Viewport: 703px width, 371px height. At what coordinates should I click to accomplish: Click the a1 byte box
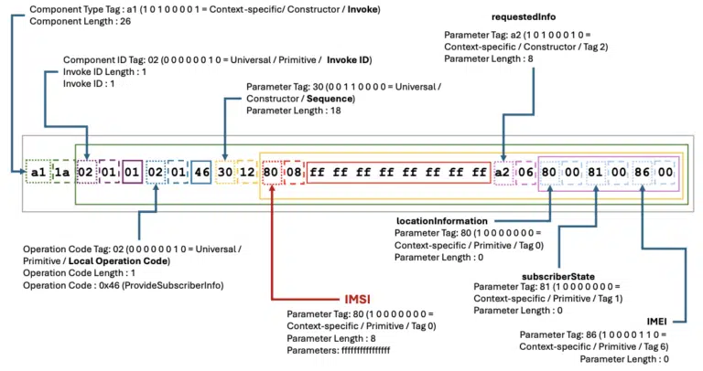(38, 172)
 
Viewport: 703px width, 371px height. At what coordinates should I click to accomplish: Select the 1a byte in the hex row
(62, 172)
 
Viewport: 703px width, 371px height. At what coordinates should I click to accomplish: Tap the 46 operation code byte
(200, 172)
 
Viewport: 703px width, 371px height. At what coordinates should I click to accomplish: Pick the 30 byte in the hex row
(225, 172)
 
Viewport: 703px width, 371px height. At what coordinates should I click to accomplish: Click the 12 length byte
(248, 172)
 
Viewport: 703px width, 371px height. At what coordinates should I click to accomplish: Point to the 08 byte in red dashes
(295, 172)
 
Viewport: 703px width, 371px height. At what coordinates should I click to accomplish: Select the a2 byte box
(503, 172)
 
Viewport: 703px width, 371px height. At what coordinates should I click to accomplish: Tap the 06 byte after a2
(526, 172)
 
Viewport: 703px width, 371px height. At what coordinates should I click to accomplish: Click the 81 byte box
(596, 172)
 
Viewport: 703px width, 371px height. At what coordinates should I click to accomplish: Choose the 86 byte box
(644, 172)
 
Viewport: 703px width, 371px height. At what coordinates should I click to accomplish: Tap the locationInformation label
(441, 221)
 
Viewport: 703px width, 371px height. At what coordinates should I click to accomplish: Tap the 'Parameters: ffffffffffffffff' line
(351, 350)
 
